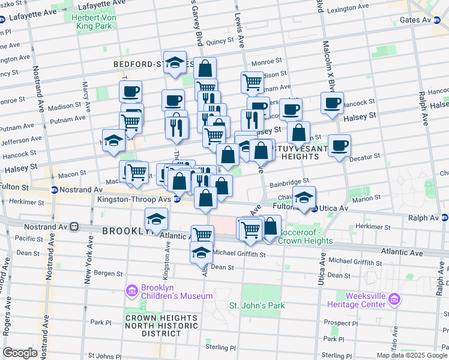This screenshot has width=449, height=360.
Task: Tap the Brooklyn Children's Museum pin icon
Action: [x=131, y=291]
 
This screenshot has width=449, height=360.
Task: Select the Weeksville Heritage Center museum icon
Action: [x=394, y=298]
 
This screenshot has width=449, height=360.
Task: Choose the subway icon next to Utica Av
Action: [x=314, y=208]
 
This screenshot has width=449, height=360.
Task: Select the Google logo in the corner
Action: [x=20, y=353]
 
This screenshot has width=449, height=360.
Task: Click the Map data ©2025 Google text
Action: [x=411, y=355]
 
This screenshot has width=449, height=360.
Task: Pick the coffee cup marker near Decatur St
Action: [x=339, y=145]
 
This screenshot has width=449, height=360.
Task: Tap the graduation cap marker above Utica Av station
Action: [x=304, y=198]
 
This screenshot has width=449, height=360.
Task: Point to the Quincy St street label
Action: [x=219, y=42]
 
